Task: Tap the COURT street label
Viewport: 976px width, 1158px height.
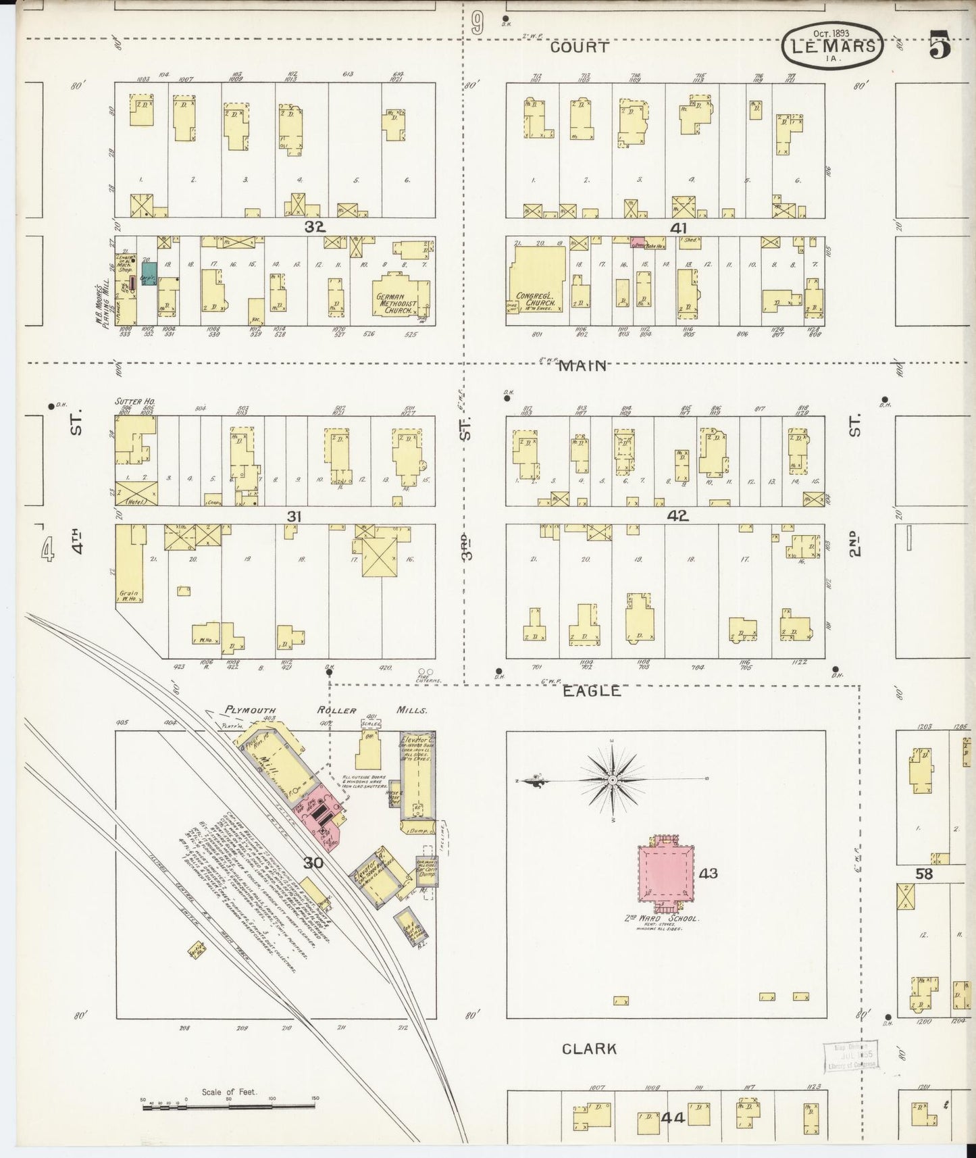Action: (579, 47)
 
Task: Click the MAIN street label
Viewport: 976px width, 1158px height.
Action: (582, 366)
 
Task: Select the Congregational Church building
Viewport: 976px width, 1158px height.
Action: (538, 278)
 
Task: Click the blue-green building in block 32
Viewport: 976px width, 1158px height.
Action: (149, 274)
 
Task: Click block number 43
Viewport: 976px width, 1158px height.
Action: (708, 874)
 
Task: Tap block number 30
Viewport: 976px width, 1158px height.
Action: (313, 863)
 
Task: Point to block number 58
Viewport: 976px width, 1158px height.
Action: (923, 874)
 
